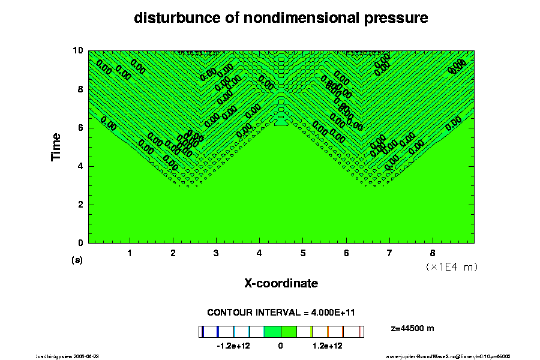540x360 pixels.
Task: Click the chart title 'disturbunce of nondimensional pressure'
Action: pos(281,18)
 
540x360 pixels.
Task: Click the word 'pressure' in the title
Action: pos(398,19)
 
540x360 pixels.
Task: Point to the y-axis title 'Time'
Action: pos(56,147)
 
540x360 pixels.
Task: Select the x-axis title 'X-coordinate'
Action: pos(281,283)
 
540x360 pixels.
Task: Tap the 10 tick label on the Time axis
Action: pos(77,50)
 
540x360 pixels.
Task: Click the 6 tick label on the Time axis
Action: pos(80,128)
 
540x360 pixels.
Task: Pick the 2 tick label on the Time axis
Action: pos(80,205)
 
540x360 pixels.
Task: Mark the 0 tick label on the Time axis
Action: pos(80,243)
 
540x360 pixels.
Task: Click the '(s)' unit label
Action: pos(77,260)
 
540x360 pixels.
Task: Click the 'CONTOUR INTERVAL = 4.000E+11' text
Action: pos(281,313)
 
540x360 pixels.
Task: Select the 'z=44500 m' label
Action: pos(412,328)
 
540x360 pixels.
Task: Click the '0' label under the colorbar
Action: pos(280,346)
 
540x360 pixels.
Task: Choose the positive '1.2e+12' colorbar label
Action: pos(328,346)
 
